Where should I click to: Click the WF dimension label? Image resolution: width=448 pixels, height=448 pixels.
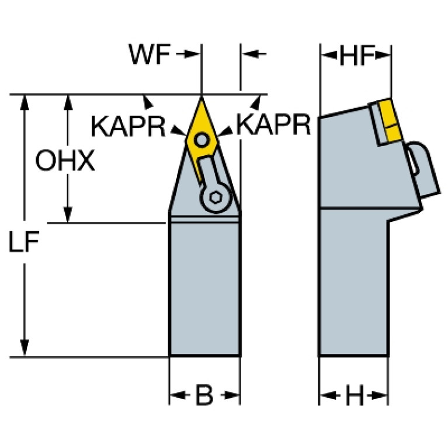coord(150,54)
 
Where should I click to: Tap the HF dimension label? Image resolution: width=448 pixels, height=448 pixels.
coord(356,55)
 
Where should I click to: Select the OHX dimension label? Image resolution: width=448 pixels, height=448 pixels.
coord(65,161)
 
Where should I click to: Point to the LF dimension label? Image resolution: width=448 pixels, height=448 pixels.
coord(24,242)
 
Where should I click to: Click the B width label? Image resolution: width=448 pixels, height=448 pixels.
coord(204,395)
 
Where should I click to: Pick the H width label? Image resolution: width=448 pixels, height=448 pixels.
coord(355,395)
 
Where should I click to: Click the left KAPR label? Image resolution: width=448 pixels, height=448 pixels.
coord(128,126)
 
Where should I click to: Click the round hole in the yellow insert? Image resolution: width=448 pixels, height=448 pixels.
coord(202,140)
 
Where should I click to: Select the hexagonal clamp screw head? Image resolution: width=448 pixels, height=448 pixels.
coord(216,197)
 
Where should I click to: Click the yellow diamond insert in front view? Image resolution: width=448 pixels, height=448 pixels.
coord(202,134)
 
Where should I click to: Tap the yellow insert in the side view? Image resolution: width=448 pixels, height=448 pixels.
coord(389,120)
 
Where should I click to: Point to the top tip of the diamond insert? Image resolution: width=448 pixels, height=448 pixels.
coord(202,98)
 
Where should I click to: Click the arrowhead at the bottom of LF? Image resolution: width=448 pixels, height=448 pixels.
coord(25,348)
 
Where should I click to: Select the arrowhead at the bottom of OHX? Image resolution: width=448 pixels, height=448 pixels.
coord(68,214)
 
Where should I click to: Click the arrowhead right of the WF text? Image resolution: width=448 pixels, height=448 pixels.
coord(192,54)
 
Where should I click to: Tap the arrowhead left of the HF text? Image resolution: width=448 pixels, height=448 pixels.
coord(329,55)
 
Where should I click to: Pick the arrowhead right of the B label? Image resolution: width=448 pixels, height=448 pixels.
coord(232,395)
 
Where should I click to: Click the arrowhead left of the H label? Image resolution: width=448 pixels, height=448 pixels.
coord(327,395)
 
